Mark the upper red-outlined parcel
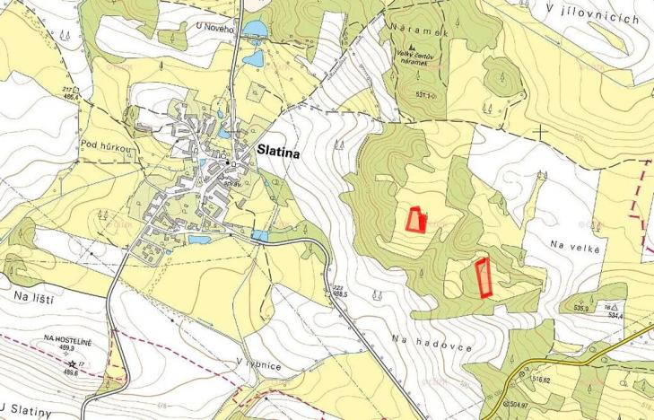414,219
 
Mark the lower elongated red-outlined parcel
483,276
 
